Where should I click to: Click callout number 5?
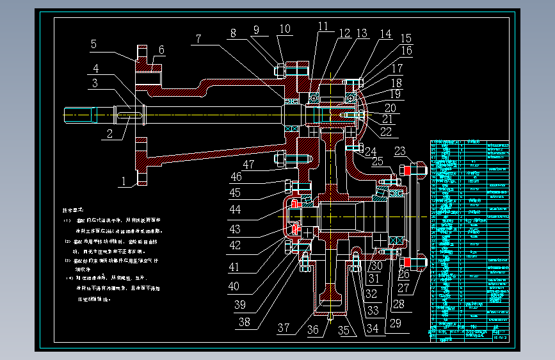click(93, 44)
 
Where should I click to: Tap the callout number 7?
click(198, 39)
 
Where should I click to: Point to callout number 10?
click(284, 29)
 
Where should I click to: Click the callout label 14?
click(385, 33)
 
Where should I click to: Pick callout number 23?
click(400, 152)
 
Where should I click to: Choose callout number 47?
click(248, 165)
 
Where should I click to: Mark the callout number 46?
click(236, 177)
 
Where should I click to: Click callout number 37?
click(284, 329)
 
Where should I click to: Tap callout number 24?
click(371, 152)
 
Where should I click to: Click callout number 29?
click(395, 324)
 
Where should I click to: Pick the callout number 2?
click(109, 133)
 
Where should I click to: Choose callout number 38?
click(243, 322)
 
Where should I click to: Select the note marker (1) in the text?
click(67, 220)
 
